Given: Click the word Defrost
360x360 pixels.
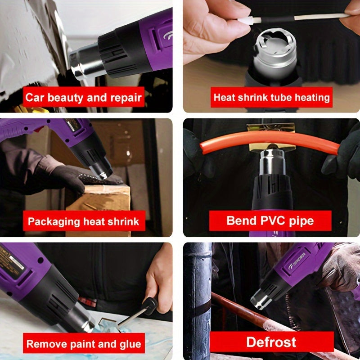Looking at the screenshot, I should [x=271, y=342].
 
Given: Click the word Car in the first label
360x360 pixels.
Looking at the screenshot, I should [x=34, y=98].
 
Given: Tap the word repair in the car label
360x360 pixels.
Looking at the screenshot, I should [x=126, y=98].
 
